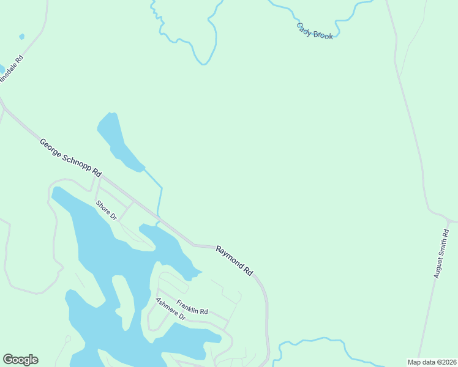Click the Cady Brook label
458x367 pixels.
(x=315, y=31)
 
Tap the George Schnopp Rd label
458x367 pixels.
(x=70, y=158)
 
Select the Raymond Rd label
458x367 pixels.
(x=235, y=260)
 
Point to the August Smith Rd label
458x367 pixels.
(x=441, y=254)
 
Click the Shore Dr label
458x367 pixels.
(x=106, y=210)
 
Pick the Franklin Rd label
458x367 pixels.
(x=192, y=307)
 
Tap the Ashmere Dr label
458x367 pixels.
(x=170, y=310)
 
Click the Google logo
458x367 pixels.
(x=20, y=360)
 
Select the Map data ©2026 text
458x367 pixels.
(x=432, y=362)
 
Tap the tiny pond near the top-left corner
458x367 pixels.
(x=22, y=37)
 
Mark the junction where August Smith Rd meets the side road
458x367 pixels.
(x=448, y=220)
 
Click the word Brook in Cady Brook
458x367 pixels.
(x=323, y=34)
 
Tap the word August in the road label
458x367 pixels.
(x=444, y=242)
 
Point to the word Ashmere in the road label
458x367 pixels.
(x=167, y=306)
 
